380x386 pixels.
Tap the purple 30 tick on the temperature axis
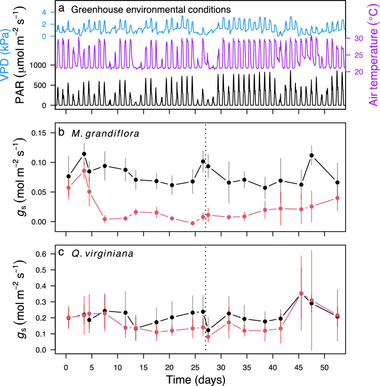pyautogui.click(x=358, y=38)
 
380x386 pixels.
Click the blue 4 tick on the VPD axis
pyautogui.click(x=45, y=12)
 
